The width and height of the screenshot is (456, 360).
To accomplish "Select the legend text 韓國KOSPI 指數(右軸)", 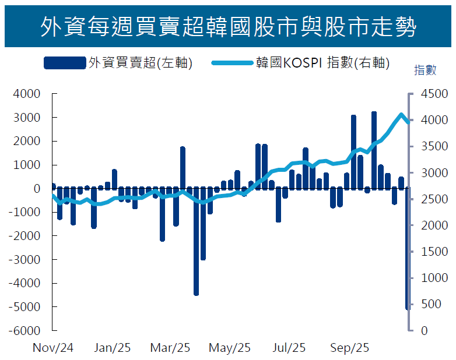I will coord(322,62).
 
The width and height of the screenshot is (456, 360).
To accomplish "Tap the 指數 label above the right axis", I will coord(425,70).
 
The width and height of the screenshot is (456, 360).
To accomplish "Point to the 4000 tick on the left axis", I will coord(29,94).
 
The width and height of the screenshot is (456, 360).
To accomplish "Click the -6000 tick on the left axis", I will coord(27,330).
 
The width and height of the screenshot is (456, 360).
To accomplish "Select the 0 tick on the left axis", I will coord(36,189).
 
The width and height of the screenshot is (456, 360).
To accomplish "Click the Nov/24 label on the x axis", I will coord(53,348).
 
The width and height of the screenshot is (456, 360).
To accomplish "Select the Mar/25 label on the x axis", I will coord(170,348).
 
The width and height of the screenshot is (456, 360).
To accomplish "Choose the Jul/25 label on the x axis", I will coord(289,348).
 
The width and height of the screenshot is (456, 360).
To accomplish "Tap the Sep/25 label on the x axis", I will coord(350,348).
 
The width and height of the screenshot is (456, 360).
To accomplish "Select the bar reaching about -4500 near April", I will coord(196,241).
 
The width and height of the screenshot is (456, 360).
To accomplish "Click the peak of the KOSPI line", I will coord(401,114).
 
